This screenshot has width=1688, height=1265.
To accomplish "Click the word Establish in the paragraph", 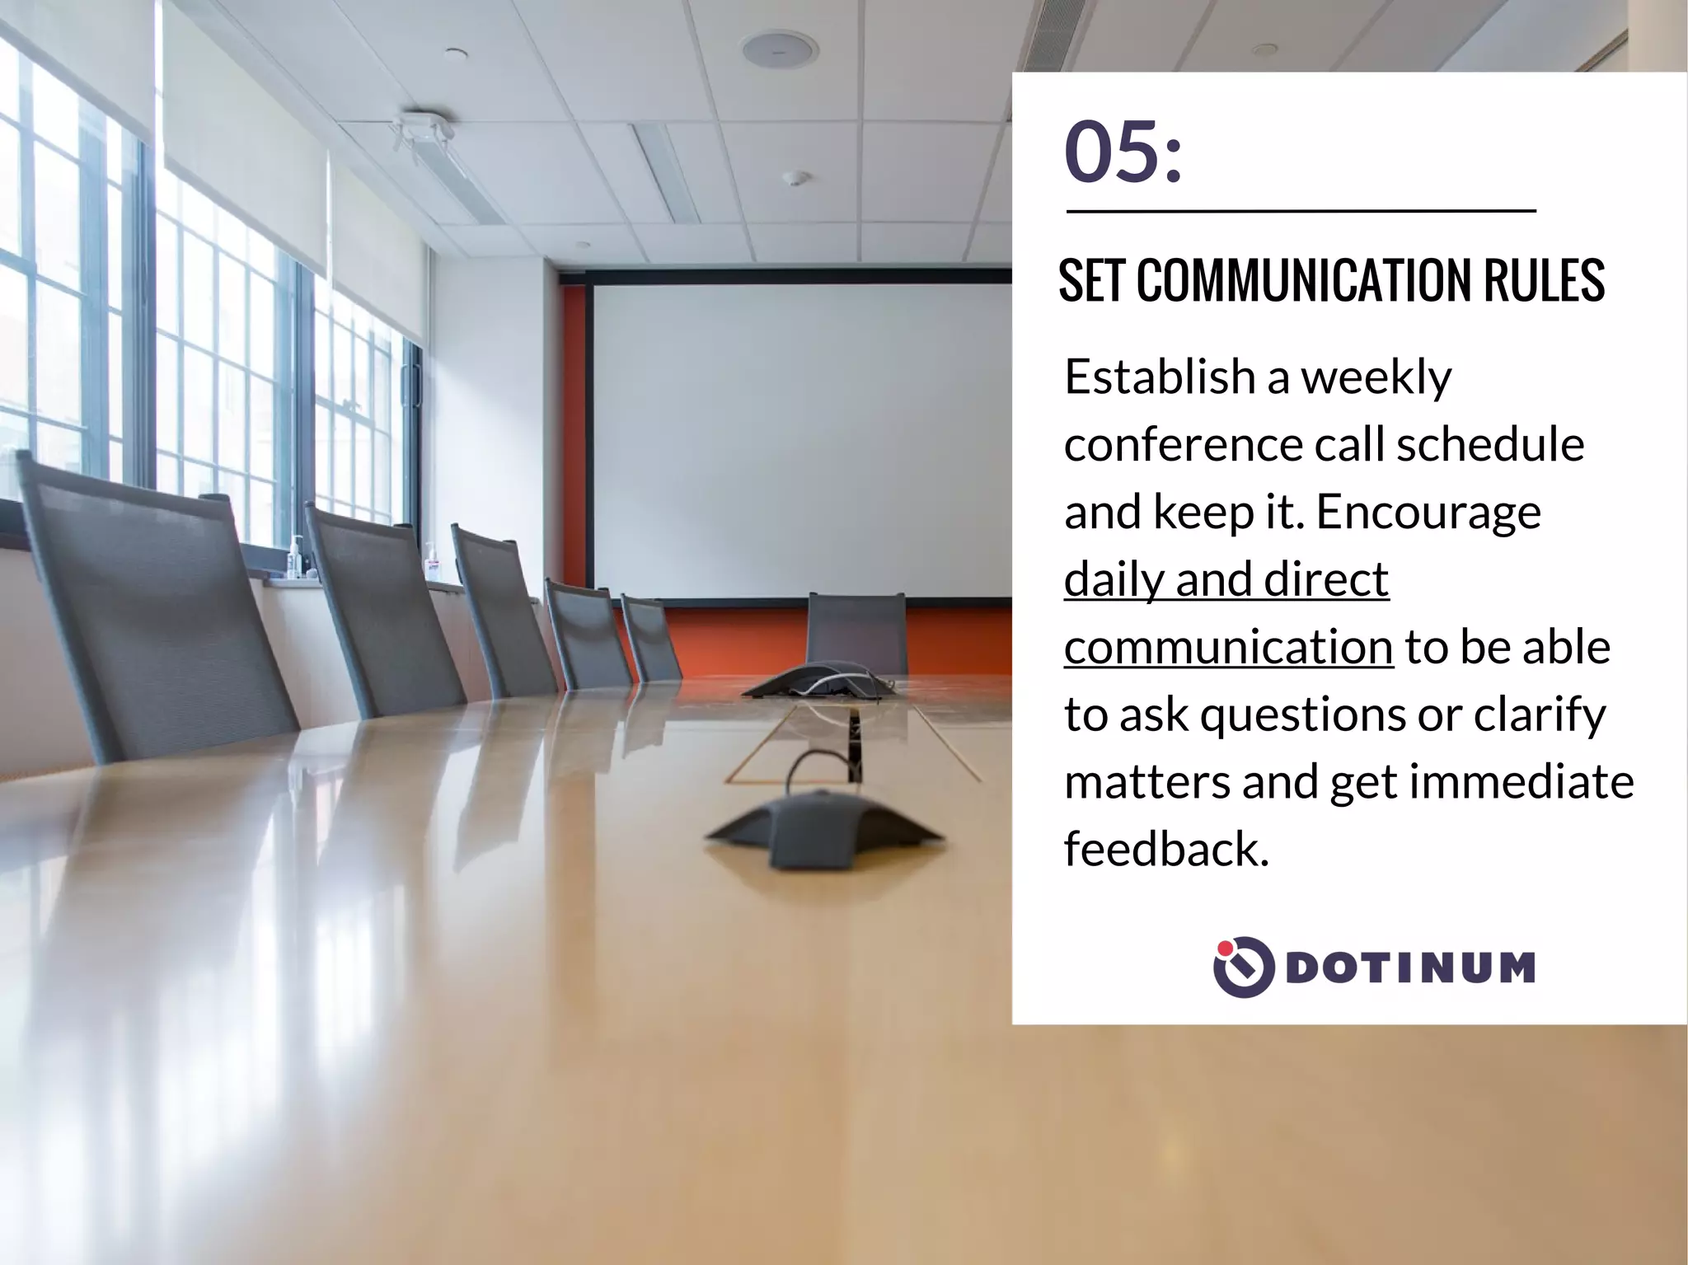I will coord(1159,377).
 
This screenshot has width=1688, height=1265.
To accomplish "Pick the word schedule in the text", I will coord(1490,445).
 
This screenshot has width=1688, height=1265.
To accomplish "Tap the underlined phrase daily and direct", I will coord(1226,579).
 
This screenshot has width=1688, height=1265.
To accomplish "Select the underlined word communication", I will coord(1228,648).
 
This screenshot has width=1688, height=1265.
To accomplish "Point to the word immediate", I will coord(1522,781).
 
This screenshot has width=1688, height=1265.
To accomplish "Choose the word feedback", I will coord(1165,849).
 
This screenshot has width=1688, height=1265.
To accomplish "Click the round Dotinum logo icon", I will coord(1244,967).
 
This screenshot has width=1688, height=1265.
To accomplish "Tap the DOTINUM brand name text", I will coord(1409,967).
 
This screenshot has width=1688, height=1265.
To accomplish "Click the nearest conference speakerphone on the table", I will coord(823,828).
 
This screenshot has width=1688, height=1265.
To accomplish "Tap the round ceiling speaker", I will coord(780,49).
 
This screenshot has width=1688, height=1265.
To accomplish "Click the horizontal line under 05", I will coord(1301,212).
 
